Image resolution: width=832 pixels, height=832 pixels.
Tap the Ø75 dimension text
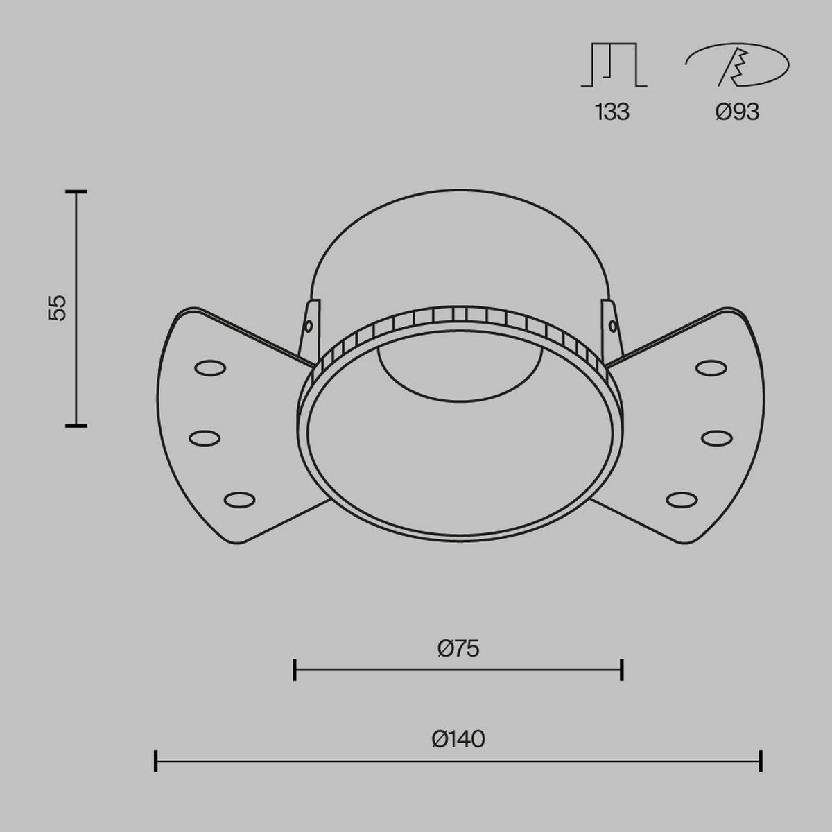click(x=458, y=648)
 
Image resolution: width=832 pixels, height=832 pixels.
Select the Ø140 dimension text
click(x=458, y=739)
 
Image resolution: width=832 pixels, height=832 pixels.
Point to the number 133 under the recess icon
click(x=612, y=111)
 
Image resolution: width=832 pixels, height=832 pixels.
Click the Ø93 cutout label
click(x=738, y=111)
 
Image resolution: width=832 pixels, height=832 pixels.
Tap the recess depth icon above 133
click(x=614, y=67)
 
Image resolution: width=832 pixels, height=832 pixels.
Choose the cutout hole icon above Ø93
click(x=737, y=67)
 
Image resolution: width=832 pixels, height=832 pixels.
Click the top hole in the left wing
click(x=210, y=367)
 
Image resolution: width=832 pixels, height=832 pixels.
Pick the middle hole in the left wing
click(x=205, y=438)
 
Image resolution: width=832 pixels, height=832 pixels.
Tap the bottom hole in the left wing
click(x=239, y=499)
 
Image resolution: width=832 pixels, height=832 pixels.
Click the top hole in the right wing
click(x=710, y=367)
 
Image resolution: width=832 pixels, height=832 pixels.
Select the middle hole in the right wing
click(x=716, y=438)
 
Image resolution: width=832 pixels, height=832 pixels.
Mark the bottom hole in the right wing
click(x=682, y=499)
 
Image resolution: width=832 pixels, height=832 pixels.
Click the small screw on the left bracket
click(x=308, y=324)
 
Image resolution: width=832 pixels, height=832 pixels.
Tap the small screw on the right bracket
click(x=612, y=324)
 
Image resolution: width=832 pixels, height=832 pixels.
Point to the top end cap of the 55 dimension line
click(x=76, y=191)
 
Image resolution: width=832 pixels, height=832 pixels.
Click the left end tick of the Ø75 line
click(x=295, y=670)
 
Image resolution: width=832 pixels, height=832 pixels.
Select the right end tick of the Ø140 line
click(x=761, y=761)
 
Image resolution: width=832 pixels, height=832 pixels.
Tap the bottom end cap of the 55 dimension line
click(x=76, y=425)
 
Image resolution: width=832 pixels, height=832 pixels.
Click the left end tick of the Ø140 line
click(x=156, y=761)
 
